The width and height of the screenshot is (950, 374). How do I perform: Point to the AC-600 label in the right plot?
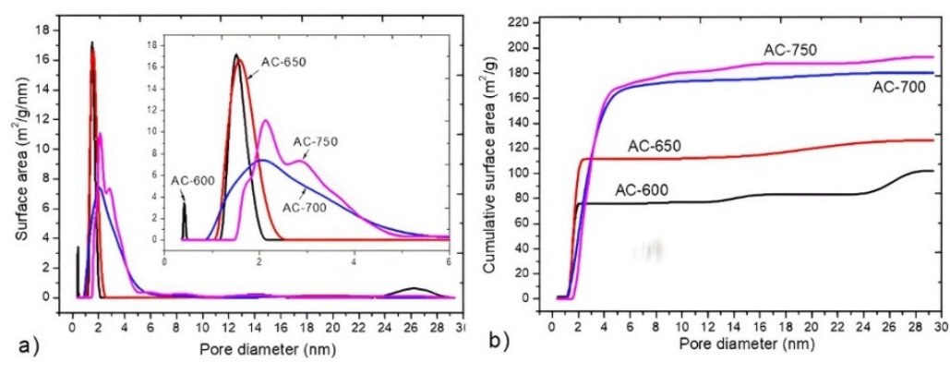(643, 191)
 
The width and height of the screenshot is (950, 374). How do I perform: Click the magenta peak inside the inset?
(266, 120)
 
